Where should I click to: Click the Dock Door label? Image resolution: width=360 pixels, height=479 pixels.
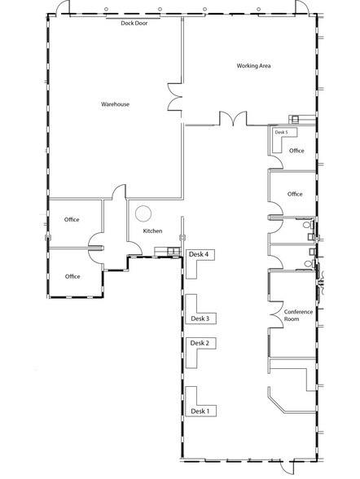(x=134, y=23)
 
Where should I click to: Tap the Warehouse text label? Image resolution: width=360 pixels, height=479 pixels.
(x=115, y=104)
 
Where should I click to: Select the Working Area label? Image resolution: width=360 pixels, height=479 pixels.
(x=253, y=64)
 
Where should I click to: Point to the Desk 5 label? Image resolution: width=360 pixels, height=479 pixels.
(x=281, y=132)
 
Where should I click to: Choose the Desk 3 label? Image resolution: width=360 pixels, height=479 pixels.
(x=200, y=319)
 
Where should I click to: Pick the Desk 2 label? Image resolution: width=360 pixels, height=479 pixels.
(x=200, y=343)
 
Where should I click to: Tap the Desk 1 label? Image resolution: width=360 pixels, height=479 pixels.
(x=200, y=411)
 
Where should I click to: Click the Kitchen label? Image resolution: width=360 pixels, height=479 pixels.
(x=153, y=231)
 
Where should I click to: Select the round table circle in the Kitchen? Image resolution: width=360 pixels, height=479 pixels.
(x=143, y=214)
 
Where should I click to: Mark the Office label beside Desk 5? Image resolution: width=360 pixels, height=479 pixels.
(x=296, y=151)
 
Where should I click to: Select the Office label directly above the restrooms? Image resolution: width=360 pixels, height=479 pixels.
(x=295, y=194)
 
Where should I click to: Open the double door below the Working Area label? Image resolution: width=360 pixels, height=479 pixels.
(x=233, y=120)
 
